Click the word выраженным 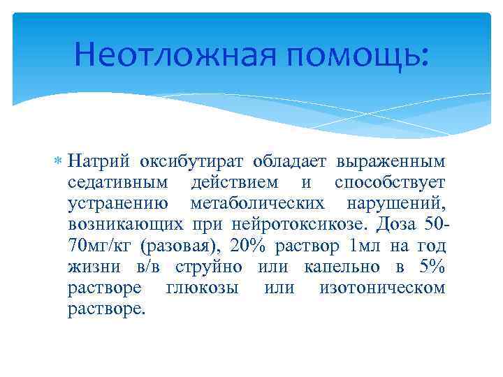point(391,162)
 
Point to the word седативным point(118,183)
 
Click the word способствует point(390,183)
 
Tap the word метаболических point(257,204)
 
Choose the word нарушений point(396,204)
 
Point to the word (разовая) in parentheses point(171,246)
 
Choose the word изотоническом point(382,288)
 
